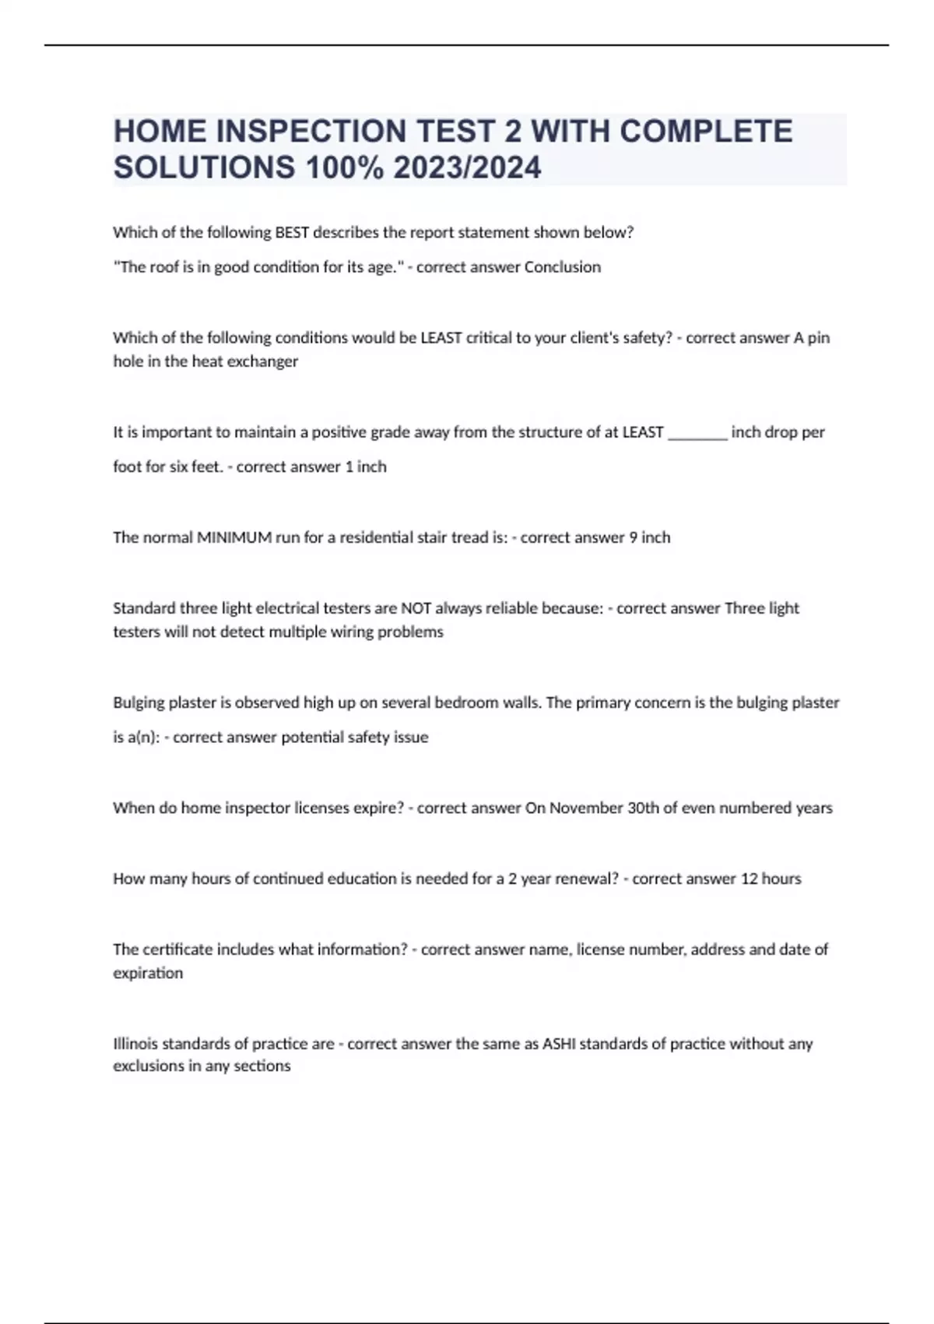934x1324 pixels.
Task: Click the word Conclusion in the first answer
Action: [563, 267]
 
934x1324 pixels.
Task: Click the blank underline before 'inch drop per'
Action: [697, 432]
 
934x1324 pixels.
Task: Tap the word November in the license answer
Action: [586, 808]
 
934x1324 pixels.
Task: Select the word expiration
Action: [148, 973]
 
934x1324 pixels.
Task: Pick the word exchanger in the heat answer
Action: [262, 361]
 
